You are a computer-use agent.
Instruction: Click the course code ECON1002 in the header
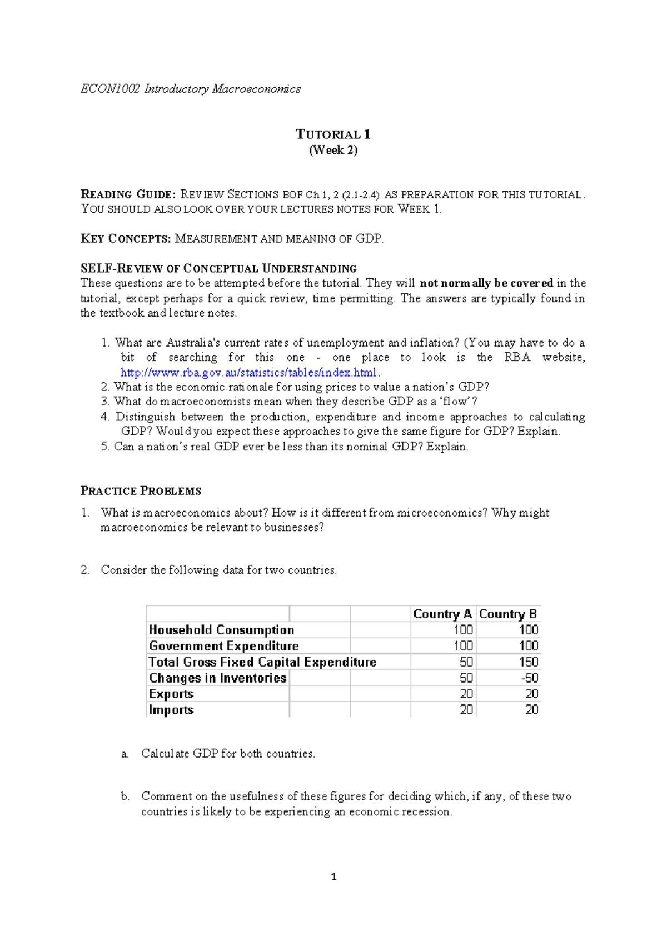(110, 89)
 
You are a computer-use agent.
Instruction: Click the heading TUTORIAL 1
(333, 134)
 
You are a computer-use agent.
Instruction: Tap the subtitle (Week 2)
(333, 150)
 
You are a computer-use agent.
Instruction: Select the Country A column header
(442, 614)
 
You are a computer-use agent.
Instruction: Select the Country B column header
(507, 614)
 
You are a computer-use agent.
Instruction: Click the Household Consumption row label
(221, 630)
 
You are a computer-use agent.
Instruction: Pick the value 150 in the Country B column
(528, 662)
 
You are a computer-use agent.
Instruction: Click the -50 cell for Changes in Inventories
(529, 678)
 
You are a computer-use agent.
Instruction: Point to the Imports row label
(171, 710)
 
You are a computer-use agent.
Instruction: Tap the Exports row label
(171, 694)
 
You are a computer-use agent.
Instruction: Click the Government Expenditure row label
(223, 646)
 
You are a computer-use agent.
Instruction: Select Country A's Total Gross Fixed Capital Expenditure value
(466, 662)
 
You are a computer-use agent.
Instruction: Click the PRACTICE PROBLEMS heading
(141, 491)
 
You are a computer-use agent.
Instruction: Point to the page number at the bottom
(333, 877)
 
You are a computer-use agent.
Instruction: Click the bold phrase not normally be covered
(486, 283)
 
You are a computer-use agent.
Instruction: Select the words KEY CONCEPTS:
(126, 239)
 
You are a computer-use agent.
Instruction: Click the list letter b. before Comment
(125, 796)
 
